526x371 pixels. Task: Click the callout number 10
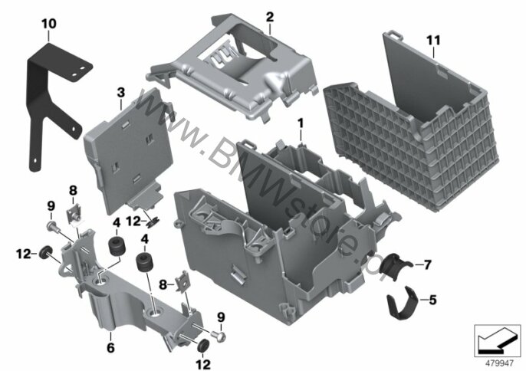pos(49,25)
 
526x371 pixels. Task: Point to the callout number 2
pos(270,17)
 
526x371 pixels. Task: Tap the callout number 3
pos(121,93)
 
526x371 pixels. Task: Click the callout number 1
pos(301,123)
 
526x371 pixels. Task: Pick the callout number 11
pos(433,41)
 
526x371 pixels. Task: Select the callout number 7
pos(427,265)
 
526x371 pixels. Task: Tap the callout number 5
pos(432,300)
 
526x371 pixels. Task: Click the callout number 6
pos(110,348)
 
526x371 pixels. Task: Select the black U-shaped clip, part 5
pos(402,303)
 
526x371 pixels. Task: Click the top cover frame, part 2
pos(235,67)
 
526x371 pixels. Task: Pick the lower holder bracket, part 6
pos(131,295)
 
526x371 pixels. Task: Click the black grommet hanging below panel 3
pos(153,222)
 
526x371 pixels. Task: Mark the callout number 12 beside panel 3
pos(133,222)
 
